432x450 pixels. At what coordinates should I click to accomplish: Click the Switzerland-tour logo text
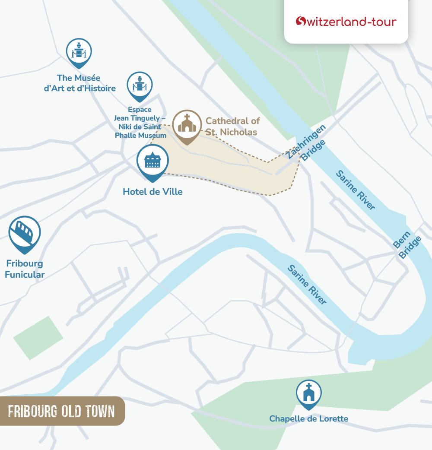(x=351, y=22)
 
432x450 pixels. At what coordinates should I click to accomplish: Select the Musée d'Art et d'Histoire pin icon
(x=79, y=52)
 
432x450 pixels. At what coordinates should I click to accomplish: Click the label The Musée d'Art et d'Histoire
(x=79, y=83)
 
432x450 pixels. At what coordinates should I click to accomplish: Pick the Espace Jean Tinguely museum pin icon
(x=140, y=86)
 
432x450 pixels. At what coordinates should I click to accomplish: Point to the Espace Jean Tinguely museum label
(x=140, y=123)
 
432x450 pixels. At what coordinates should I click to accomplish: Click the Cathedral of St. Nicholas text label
(x=232, y=127)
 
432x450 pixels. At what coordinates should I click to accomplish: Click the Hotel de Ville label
(x=152, y=191)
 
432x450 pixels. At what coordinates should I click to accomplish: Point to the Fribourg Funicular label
(x=25, y=269)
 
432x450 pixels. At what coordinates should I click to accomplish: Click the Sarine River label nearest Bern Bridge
(x=356, y=190)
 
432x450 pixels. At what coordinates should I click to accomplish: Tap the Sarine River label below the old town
(x=307, y=285)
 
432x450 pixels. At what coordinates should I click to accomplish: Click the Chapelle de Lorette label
(x=308, y=418)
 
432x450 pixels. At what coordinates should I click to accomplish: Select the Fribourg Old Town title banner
(x=61, y=411)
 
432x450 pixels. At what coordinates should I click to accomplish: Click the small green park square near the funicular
(x=38, y=338)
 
